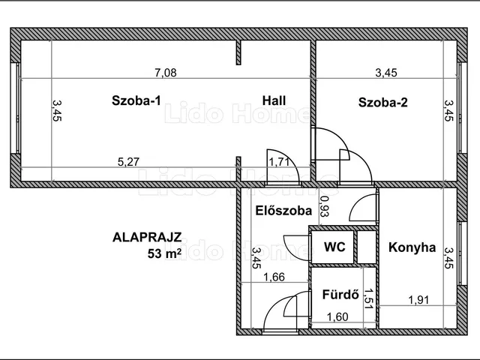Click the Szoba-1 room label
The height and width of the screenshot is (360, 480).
[136, 100]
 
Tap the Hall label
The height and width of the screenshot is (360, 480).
[274, 100]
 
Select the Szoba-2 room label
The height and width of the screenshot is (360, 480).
[383, 102]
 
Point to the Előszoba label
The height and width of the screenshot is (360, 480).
[283, 211]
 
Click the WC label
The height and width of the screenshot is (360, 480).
[334, 247]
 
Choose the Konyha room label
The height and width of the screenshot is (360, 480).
[412, 247]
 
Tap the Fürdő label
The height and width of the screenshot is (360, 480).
[340, 295]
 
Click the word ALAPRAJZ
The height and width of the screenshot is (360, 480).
[147, 238]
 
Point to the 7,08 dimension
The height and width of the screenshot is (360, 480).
[166, 73]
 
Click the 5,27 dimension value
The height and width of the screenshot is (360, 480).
[128, 162]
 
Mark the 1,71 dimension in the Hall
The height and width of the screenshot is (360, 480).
[279, 162]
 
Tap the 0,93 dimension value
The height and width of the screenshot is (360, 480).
[324, 206]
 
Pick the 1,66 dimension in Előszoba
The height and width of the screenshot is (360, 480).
[274, 277]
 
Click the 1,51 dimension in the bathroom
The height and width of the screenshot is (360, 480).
[368, 298]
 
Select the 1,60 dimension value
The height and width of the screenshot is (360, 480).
[337, 316]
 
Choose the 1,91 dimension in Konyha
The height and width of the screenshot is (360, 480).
[418, 300]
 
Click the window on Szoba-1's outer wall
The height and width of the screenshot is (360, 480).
[15, 108]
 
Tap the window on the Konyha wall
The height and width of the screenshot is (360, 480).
[462, 253]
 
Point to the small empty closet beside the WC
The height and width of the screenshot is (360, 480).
[367, 247]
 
